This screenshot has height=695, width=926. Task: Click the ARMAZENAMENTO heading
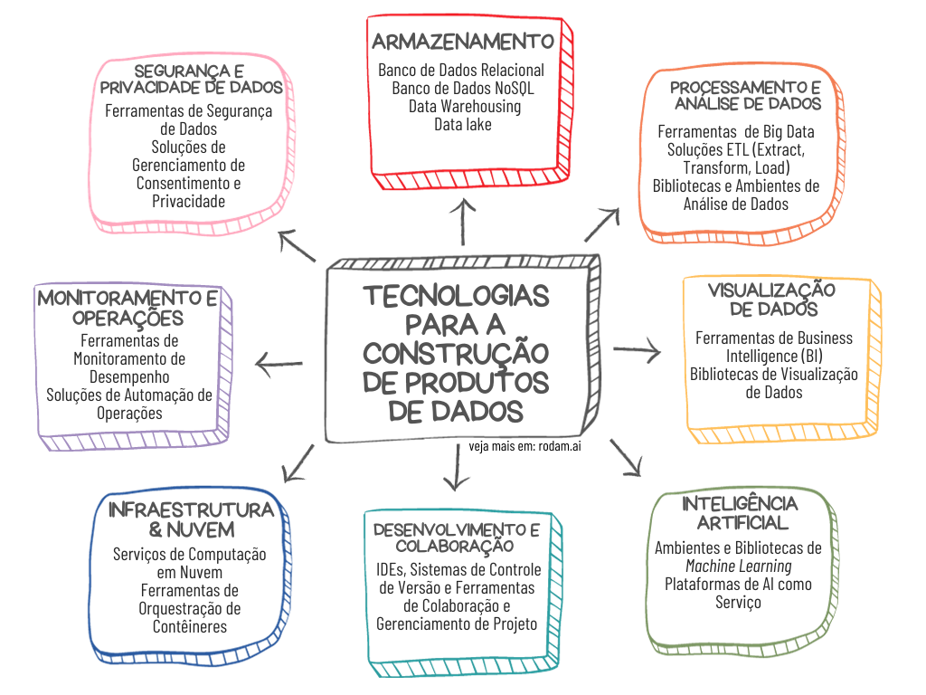462,41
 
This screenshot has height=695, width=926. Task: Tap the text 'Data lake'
463,124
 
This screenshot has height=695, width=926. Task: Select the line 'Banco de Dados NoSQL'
462,88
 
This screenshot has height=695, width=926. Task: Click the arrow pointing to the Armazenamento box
463,221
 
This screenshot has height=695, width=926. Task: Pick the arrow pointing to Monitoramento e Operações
279,365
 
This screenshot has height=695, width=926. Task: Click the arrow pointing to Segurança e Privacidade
297,245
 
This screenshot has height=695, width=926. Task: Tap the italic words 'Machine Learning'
739,566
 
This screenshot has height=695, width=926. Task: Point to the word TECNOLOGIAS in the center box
456,297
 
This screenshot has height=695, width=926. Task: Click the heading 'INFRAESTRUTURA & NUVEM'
191,519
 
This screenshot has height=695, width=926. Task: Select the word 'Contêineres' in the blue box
190,626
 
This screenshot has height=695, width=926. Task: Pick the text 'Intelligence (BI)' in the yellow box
773,356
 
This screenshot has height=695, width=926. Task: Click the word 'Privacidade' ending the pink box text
188,201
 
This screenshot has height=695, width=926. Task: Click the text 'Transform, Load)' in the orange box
737,167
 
